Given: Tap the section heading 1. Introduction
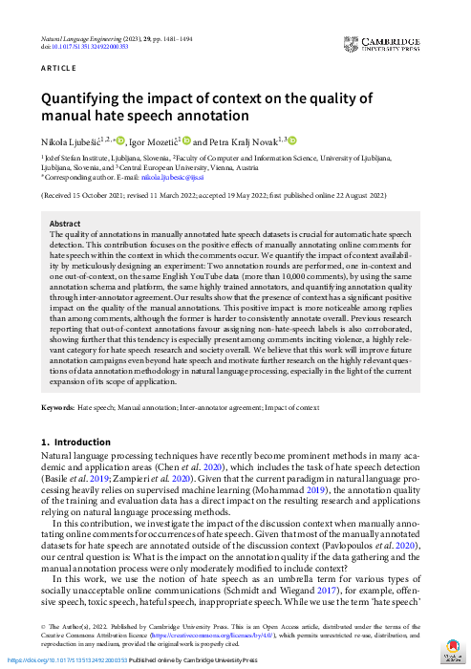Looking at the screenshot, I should tap(76, 442).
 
